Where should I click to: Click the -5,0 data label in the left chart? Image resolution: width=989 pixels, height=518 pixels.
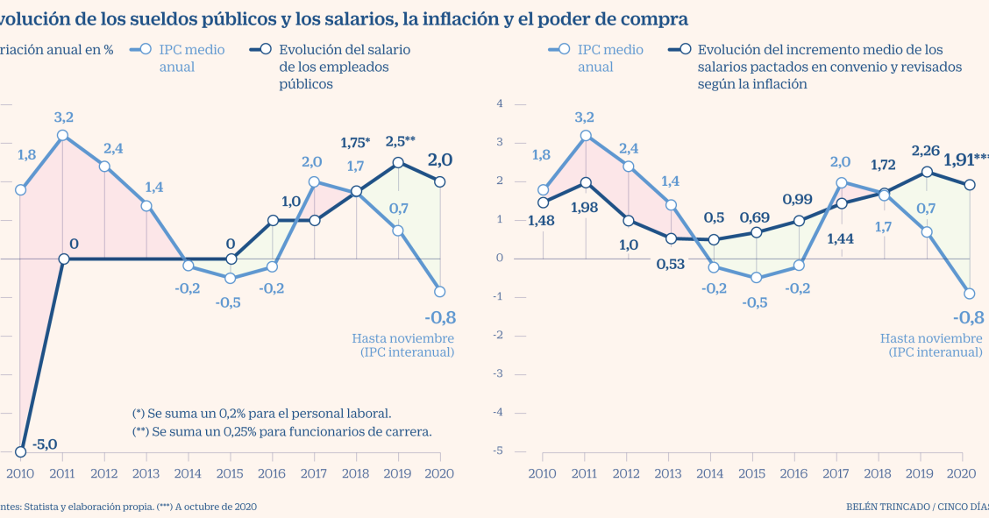click(45, 444)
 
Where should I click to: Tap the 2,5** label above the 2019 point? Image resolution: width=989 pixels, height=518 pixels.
click(400, 140)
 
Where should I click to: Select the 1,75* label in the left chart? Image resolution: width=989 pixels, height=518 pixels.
click(355, 143)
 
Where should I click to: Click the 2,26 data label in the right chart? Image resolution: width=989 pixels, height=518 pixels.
click(927, 150)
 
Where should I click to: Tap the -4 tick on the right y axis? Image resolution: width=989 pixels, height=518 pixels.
click(499, 412)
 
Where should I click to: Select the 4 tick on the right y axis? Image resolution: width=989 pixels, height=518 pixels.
click(500, 103)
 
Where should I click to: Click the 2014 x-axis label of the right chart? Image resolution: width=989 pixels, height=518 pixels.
click(711, 472)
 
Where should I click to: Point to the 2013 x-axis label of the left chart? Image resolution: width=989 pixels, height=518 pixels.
click(146, 472)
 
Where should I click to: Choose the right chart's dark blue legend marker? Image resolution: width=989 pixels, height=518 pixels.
click(685, 51)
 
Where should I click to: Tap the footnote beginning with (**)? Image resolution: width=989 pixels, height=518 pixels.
click(282, 431)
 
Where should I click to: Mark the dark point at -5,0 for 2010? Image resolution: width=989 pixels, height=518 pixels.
click(21, 451)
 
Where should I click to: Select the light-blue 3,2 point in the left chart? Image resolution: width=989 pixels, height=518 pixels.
click(63, 136)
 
